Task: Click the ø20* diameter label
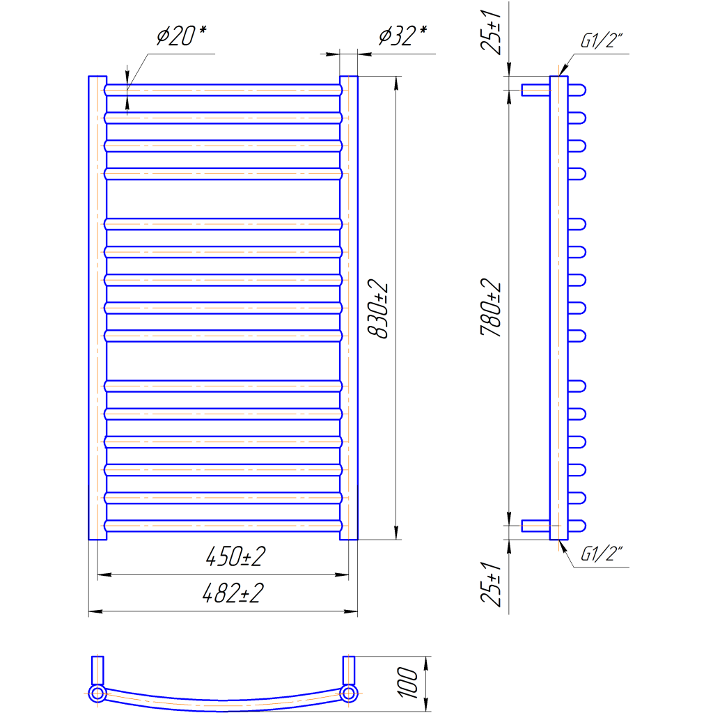[x=182, y=36]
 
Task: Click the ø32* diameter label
[x=403, y=36]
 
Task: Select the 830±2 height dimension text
[x=378, y=308]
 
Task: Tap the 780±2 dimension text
[x=491, y=307]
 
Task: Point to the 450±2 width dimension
[x=235, y=556]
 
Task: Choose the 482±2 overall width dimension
[x=233, y=593]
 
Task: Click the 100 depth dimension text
[x=407, y=683]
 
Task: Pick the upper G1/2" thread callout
[x=601, y=40]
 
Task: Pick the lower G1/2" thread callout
[x=601, y=554]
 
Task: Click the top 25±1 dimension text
[x=491, y=32]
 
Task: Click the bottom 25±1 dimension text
[x=491, y=584]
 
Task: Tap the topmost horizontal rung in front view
[x=224, y=90]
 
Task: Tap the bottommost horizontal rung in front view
[x=224, y=526]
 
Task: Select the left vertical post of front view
[x=97, y=308]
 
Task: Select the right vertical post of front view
[x=349, y=308]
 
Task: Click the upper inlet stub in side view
[x=535, y=90]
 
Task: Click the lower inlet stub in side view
[x=535, y=526]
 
